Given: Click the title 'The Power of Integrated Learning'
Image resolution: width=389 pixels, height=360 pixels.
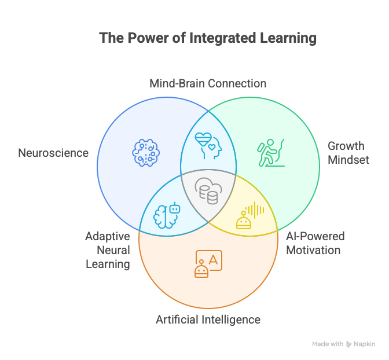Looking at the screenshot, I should click(x=208, y=38).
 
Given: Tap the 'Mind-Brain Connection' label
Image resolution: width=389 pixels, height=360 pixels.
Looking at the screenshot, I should click(x=208, y=83).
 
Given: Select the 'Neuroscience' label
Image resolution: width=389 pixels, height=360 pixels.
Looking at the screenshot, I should click(x=53, y=153).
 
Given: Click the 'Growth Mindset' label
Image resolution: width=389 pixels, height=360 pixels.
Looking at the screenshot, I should click(x=348, y=153).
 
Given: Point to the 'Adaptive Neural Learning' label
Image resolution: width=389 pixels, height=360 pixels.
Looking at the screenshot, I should click(x=108, y=250).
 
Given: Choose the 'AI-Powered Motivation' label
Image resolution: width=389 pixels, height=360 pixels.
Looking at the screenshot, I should click(x=315, y=243).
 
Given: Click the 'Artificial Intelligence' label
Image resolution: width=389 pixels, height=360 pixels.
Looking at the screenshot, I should click(x=208, y=319).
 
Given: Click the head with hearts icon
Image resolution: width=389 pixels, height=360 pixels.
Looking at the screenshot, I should click(x=207, y=145).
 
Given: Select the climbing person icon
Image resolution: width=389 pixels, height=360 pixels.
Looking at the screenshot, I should click(x=270, y=152).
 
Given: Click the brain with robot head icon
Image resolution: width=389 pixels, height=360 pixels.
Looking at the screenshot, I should click(x=167, y=214).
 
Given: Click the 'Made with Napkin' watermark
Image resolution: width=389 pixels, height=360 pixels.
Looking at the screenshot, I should click(x=343, y=344).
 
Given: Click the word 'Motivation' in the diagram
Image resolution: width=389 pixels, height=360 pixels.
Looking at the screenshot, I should click(x=315, y=250).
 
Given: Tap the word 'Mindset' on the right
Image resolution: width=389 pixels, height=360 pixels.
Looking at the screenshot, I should click(x=348, y=160).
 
